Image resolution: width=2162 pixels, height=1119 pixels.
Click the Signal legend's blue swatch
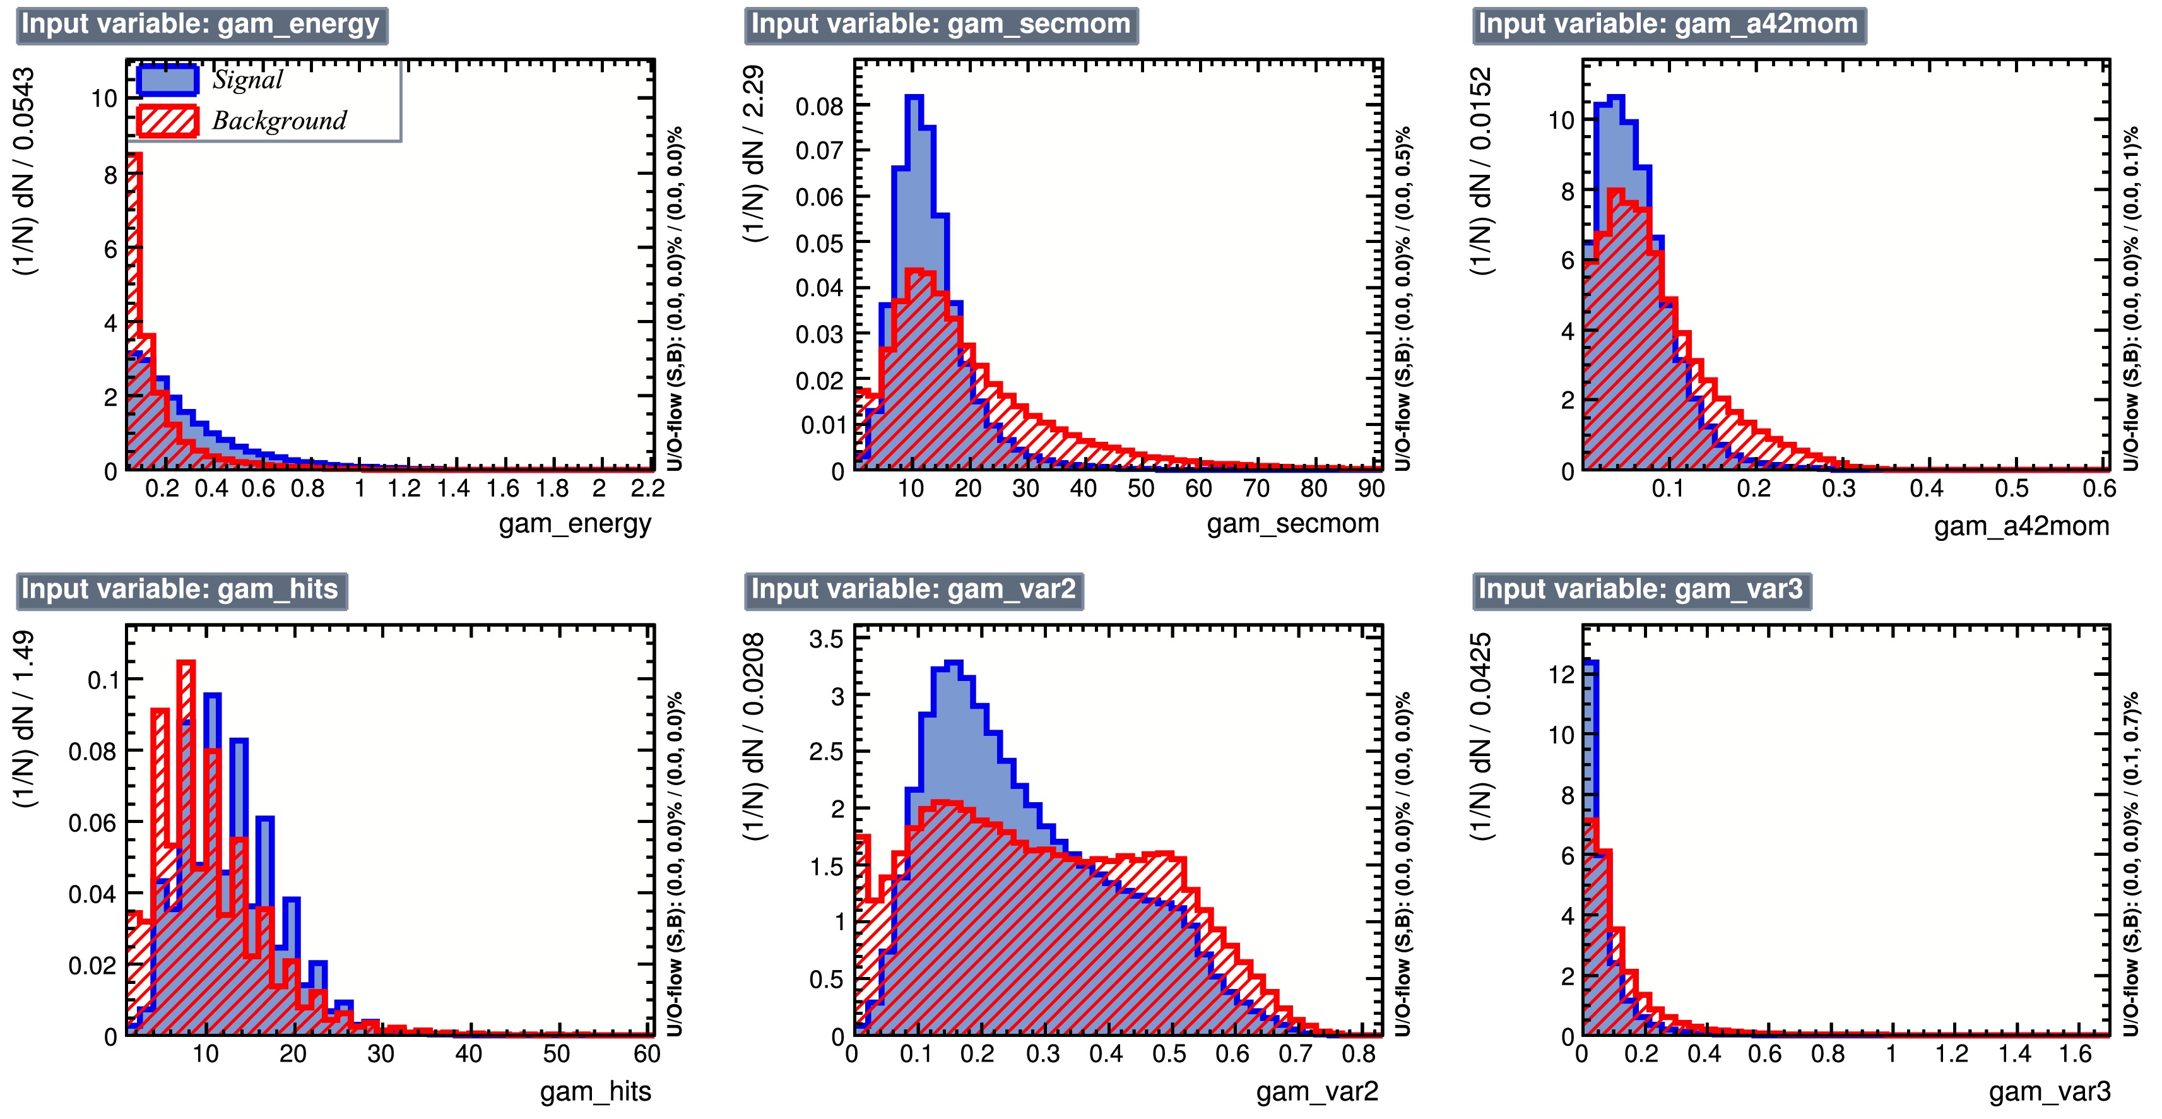168,80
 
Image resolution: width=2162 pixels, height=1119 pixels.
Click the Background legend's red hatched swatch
168,121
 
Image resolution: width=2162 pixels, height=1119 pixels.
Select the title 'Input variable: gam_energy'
201,25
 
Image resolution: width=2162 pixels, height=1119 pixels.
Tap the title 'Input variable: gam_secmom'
940,25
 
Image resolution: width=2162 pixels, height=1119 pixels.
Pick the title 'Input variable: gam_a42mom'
1669,25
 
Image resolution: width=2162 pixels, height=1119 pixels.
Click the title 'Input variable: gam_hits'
180,589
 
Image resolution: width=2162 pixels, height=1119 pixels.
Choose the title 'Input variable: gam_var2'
913,589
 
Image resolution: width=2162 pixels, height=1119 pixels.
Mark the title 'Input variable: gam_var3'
1641,589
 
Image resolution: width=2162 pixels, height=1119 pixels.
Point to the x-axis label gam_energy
575,524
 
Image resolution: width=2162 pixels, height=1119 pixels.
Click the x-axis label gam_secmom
1292,524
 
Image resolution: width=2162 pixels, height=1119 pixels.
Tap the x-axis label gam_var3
2048,1091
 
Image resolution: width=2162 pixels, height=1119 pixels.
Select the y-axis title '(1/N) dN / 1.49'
25,719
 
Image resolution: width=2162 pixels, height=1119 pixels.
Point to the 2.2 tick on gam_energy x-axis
647,488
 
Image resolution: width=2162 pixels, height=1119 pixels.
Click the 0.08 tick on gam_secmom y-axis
818,107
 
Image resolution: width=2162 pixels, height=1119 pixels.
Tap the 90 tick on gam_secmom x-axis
1371,488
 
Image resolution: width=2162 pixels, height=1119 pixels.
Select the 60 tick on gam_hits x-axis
646,1055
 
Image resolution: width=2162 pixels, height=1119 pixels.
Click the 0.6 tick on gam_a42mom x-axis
2098,488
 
